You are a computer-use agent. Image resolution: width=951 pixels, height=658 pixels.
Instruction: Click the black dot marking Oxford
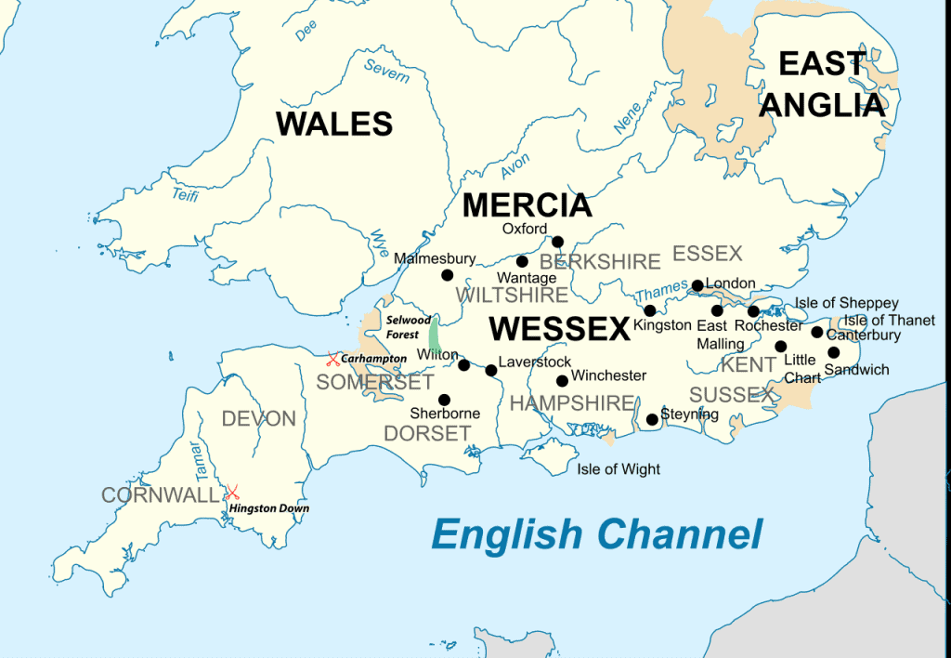click(558, 242)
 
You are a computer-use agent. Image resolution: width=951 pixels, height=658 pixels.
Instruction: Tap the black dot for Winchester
click(562, 381)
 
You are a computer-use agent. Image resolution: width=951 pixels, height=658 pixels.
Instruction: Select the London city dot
click(697, 285)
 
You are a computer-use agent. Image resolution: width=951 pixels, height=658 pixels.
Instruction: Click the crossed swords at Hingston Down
click(232, 492)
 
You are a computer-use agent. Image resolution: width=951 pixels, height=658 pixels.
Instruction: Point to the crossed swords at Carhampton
click(332, 359)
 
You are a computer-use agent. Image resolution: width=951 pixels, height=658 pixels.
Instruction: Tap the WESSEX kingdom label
click(559, 328)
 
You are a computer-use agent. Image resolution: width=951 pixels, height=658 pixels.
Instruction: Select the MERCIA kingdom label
click(527, 205)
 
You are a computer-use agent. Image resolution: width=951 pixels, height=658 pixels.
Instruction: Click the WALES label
click(334, 124)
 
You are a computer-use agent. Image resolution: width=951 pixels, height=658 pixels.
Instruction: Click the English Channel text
click(596, 534)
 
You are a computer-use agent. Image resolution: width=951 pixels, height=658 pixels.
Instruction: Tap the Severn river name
click(386, 71)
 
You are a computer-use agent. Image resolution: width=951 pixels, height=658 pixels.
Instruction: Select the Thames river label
click(662, 294)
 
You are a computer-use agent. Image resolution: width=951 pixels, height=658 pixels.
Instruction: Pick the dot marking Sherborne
click(444, 400)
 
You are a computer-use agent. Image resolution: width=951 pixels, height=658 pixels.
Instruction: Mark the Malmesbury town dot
click(447, 275)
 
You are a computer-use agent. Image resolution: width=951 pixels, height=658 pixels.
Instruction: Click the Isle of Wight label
click(619, 469)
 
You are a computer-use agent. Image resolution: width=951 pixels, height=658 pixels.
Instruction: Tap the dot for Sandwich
click(834, 352)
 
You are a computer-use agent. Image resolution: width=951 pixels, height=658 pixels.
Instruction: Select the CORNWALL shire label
click(160, 495)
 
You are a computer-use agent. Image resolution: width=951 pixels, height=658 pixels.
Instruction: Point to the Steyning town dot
click(652, 420)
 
